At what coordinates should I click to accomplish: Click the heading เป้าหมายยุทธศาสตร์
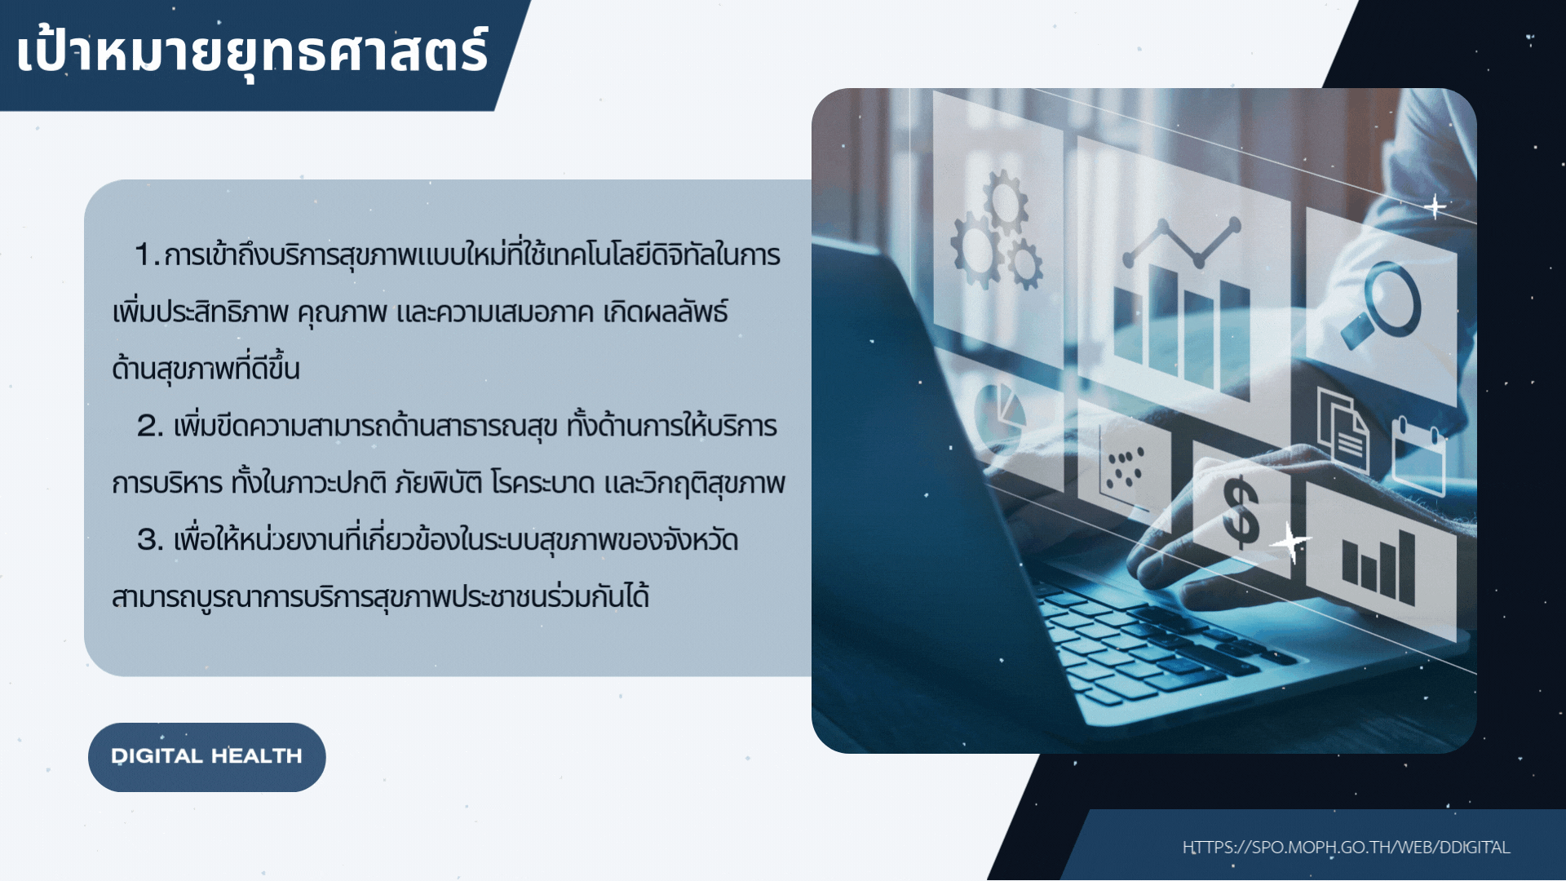tap(252, 51)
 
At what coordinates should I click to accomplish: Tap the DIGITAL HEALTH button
tap(207, 757)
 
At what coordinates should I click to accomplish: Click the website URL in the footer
tap(1347, 848)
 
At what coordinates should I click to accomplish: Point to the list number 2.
tap(149, 426)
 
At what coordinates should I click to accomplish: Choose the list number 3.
tap(149, 540)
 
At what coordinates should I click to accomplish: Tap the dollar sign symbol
tap(1241, 512)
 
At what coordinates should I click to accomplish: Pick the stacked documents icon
tap(1343, 429)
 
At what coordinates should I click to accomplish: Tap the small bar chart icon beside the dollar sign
tap(1378, 566)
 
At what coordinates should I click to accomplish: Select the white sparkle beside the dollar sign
tap(1291, 541)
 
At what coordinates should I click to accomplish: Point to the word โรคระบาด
tap(542, 483)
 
